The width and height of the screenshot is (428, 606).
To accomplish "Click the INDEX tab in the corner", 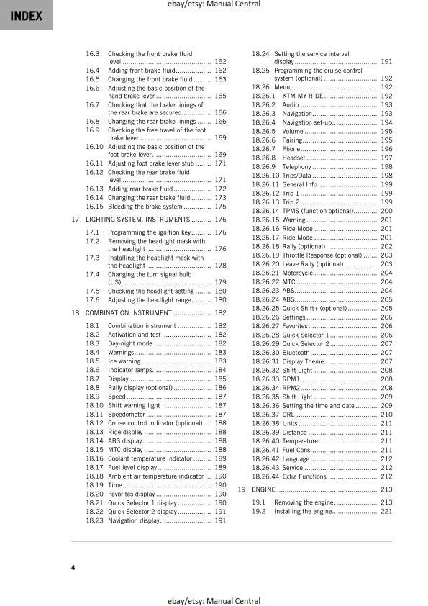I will click(x=26, y=16).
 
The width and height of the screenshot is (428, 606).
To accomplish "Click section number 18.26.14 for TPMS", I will click(x=266, y=211).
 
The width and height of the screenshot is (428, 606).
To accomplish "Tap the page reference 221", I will click(x=386, y=511).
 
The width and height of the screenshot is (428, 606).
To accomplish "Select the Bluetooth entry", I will click(x=296, y=353).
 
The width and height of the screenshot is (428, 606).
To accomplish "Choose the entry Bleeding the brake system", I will click(x=145, y=207).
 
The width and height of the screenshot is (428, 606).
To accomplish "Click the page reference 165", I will click(x=220, y=96).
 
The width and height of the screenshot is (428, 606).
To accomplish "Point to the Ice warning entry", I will click(x=124, y=361).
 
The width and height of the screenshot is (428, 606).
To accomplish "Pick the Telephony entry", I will click(x=297, y=166).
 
